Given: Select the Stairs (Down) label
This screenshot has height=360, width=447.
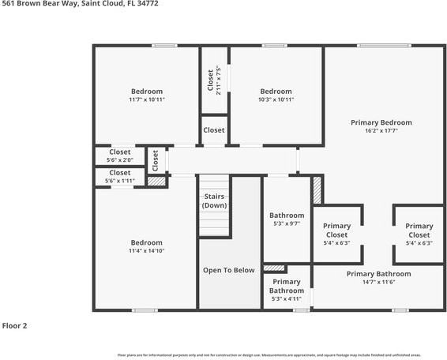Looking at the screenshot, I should [x=214, y=201].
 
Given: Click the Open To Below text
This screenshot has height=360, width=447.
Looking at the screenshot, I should [x=228, y=270].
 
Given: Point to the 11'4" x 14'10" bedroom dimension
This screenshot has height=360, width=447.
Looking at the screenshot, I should [x=146, y=251].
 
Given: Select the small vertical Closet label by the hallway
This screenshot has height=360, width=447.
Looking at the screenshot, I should [x=156, y=160].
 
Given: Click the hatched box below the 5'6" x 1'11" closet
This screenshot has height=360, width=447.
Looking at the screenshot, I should [x=157, y=182].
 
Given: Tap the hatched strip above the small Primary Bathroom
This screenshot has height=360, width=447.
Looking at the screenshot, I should [x=274, y=268].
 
